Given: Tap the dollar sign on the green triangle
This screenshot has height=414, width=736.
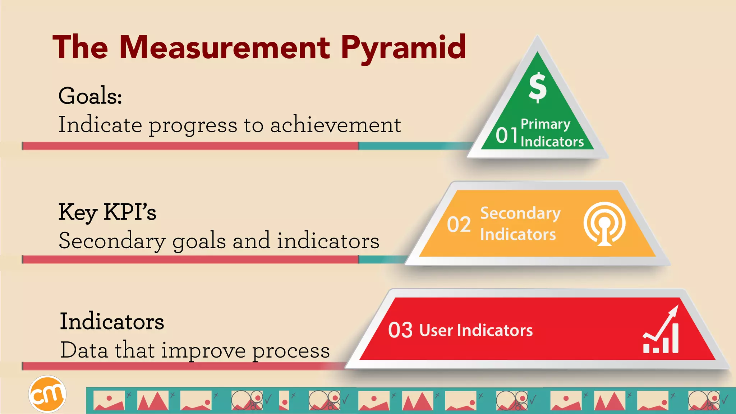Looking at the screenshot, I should tap(538, 87).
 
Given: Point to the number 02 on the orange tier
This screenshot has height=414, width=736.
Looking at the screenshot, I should tap(459, 225).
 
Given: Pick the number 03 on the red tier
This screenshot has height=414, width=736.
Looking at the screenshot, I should tap(400, 330).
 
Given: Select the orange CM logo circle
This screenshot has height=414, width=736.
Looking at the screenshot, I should tap(47, 394).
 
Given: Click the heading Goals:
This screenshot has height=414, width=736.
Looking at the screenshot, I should tap(90, 96).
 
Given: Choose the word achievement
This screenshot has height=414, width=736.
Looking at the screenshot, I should tap(335, 125).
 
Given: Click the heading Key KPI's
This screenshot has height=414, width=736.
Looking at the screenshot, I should tap(107, 212).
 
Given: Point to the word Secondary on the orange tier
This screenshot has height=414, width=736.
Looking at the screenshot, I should tap(520, 213).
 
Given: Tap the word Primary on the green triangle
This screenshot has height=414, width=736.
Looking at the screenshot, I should tap(545, 124).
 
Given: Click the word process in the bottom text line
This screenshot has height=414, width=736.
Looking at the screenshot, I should tap(291, 350).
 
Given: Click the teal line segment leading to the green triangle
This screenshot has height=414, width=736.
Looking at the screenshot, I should tap(413, 146).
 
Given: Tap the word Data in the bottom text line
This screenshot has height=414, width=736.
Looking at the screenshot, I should tap(84, 350).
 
